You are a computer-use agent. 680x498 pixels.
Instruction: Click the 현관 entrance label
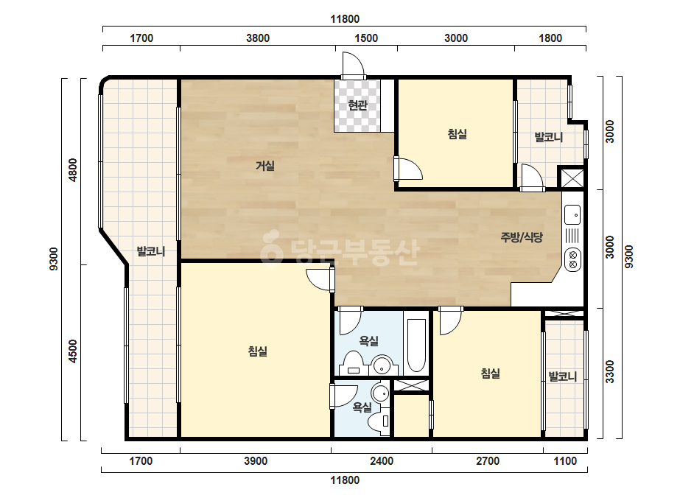358,105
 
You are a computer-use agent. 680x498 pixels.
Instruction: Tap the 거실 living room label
265,166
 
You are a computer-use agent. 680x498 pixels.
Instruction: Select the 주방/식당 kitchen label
522,237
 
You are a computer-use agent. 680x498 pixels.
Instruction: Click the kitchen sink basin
572,214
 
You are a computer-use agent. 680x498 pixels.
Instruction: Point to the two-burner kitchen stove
573,259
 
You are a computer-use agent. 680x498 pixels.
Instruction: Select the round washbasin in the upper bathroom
382,365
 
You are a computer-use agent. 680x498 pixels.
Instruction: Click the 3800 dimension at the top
258,38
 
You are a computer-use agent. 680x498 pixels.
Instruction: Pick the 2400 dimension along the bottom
382,461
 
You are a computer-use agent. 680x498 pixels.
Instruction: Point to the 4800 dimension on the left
73,170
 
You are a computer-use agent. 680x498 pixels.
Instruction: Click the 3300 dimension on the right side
610,372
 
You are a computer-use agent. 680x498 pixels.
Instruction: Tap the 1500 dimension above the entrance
366,38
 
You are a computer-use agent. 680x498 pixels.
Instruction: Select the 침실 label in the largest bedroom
258,351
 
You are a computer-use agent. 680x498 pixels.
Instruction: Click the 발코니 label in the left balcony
151,251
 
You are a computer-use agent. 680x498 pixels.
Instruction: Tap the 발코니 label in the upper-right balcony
549,138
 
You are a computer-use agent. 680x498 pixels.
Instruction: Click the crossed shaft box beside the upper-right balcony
572,178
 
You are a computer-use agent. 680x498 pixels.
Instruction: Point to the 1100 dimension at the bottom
566,461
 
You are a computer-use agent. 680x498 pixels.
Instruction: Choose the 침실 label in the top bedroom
457,134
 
